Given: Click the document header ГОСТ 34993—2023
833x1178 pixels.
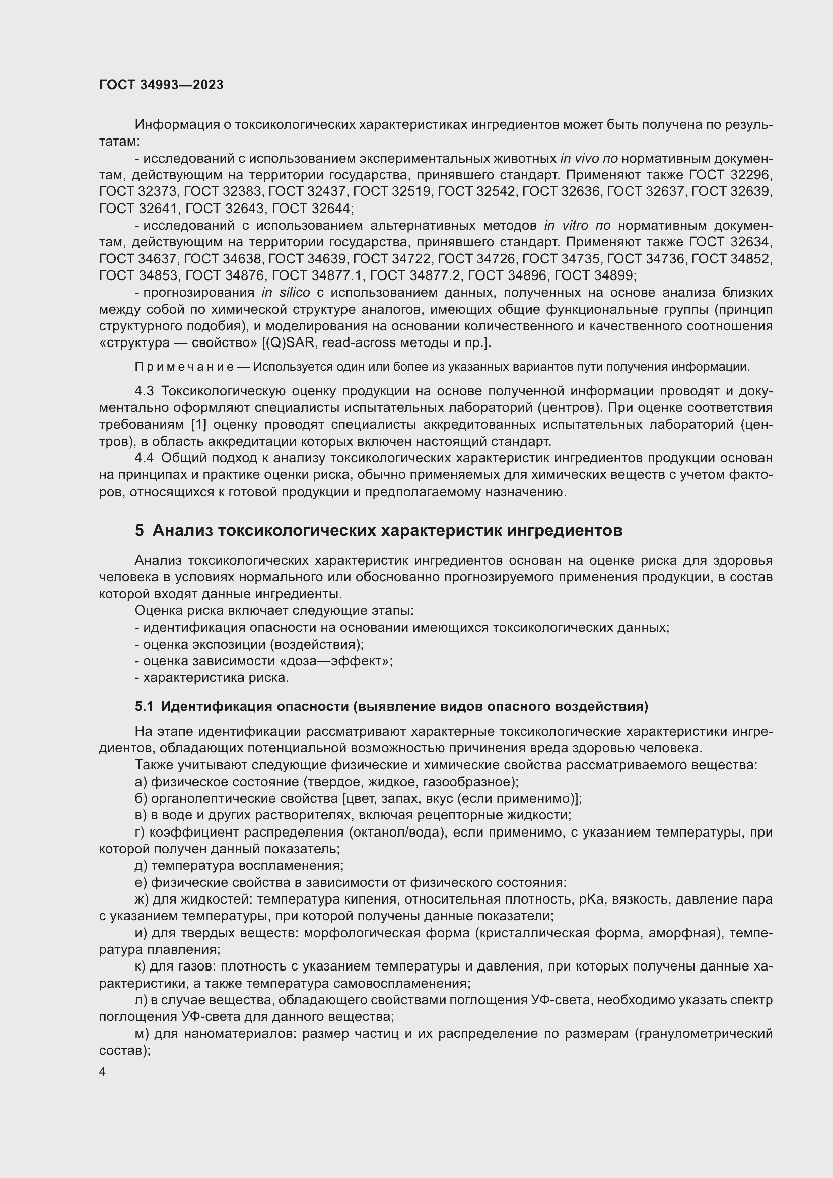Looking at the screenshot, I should (161, 85).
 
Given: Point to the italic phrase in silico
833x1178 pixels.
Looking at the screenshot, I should (285, 293).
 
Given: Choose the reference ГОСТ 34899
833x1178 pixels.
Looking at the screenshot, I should (595, 275).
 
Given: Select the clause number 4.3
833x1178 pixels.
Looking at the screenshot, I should (144, 391).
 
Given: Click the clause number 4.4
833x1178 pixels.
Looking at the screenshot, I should (144, 458).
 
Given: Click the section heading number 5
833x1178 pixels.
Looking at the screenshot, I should (139, 530).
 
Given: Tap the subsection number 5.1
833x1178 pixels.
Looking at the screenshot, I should (144, 706).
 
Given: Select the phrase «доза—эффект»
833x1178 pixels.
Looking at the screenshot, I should (352, 661).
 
